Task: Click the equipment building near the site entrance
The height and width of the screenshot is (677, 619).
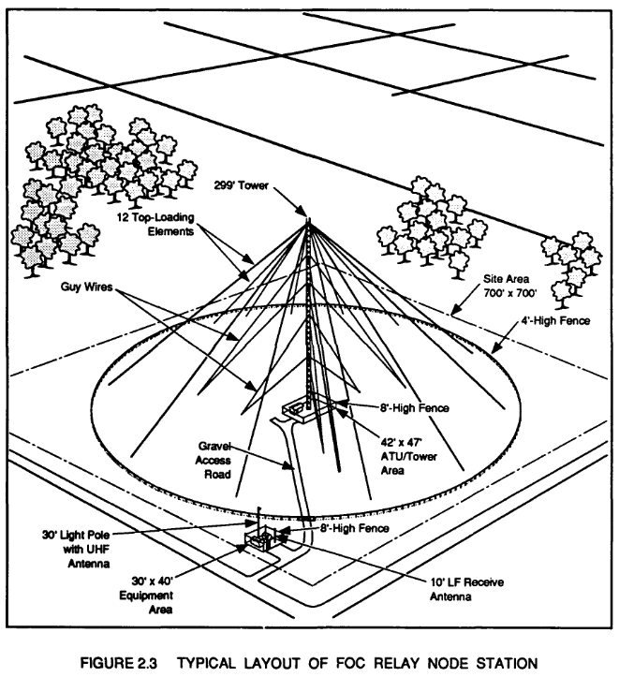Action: [259, 540]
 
